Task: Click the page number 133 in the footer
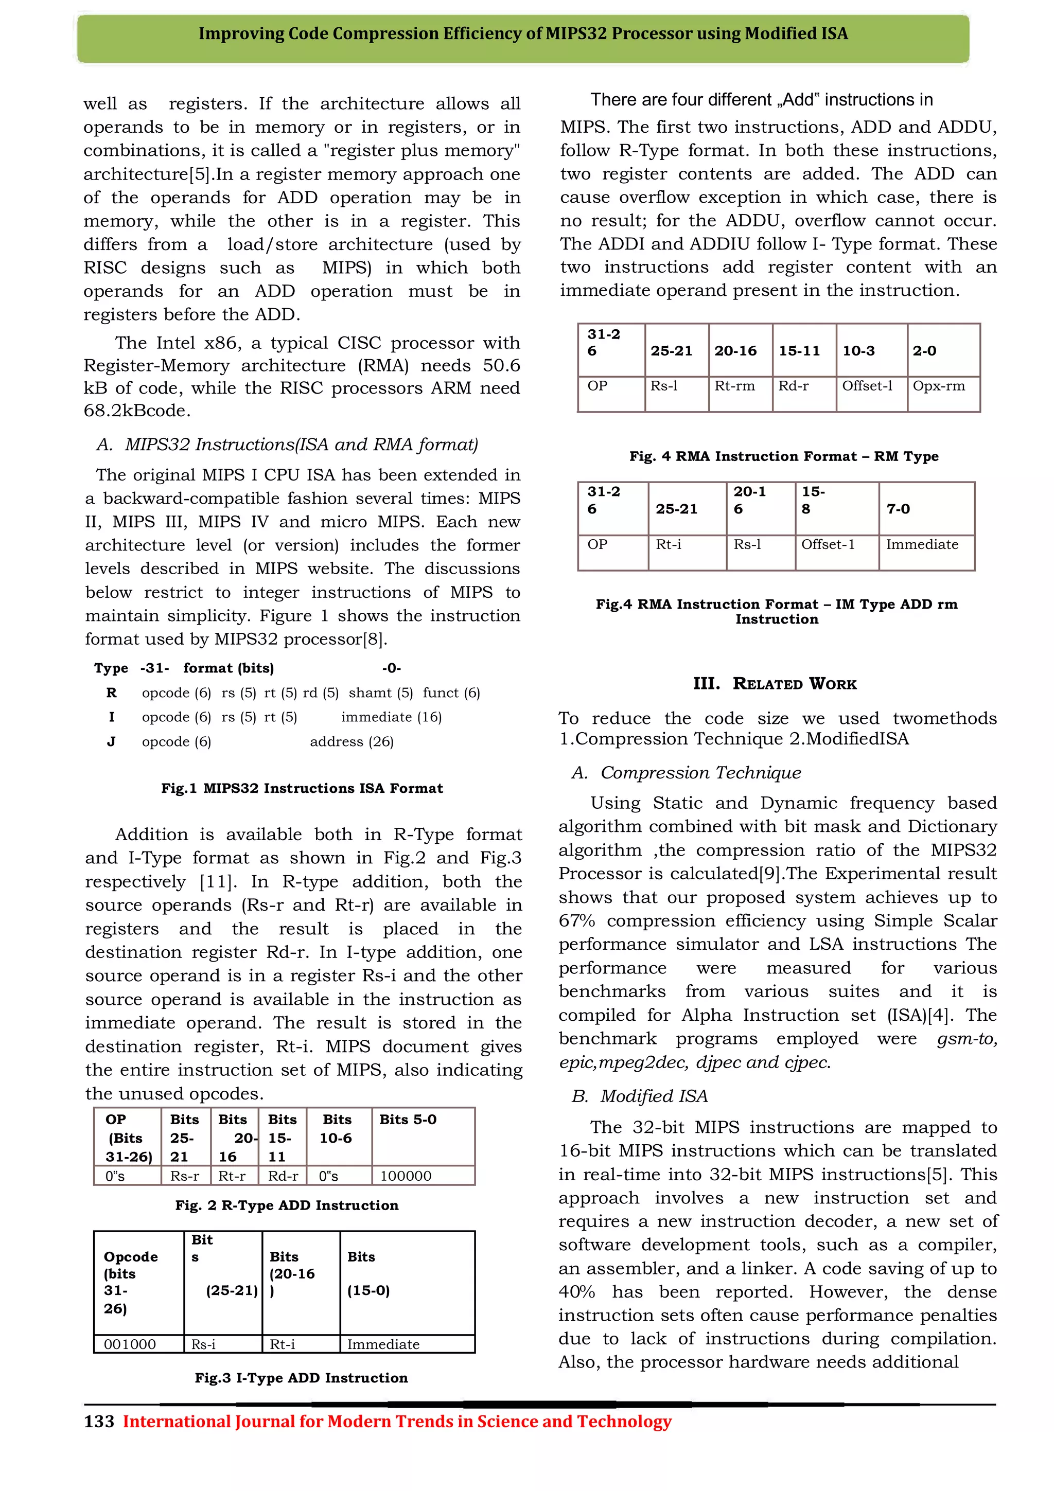click(99, 1422)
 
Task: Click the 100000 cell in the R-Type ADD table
click(405, 1176)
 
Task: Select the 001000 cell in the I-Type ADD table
click(130, 1344)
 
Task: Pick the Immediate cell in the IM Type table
click(922, 544)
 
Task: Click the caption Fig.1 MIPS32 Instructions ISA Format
click(302, 788)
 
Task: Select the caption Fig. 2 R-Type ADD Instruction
click(286, 1205)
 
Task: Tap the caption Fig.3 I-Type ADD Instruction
click(302, 1378)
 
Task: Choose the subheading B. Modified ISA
click(639, 1096)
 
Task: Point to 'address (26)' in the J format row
click(352, 741)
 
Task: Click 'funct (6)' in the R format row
click(451, 693)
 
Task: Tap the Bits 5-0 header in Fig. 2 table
click(408, 1120)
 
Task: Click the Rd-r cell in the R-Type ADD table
click(283, 1176)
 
